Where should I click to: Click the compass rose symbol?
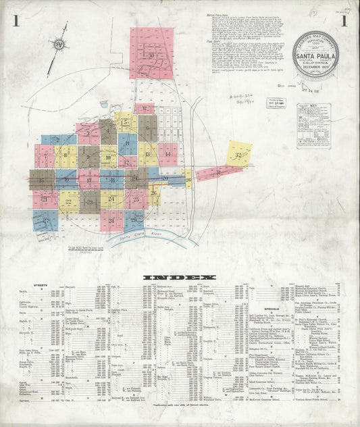57,45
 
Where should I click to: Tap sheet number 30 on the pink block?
152,55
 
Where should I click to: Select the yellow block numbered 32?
238,155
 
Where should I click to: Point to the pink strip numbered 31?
217,173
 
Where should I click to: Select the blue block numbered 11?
127,144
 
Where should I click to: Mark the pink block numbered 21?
45,199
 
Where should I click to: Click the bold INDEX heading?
180,277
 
